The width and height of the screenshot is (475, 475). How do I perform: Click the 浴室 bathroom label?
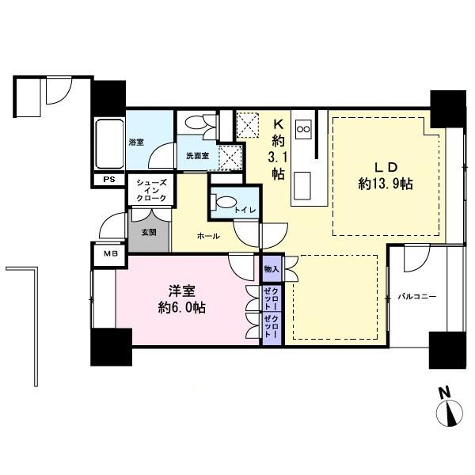click(x=136, y=142)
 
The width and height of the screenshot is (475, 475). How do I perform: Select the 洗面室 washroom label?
click(x=197, y=156)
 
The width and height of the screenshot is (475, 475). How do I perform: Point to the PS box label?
click(x=108, y=180)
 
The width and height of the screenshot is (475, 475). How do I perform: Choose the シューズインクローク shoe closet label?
click(x=150, y=192)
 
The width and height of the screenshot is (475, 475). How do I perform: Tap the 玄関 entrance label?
click(x=149, y=233)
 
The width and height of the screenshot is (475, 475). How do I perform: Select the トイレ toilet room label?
click(x=243, y=209)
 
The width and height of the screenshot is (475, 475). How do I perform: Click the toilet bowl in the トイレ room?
click(x=226, y=201)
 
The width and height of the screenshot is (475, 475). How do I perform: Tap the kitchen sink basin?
click(x=302, y=186)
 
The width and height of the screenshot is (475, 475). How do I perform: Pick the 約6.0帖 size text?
click(x=181, y=307)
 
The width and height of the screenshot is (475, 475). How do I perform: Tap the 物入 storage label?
click(x=271, y=269)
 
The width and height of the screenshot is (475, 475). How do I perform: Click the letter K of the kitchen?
click(x=278, y=123)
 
